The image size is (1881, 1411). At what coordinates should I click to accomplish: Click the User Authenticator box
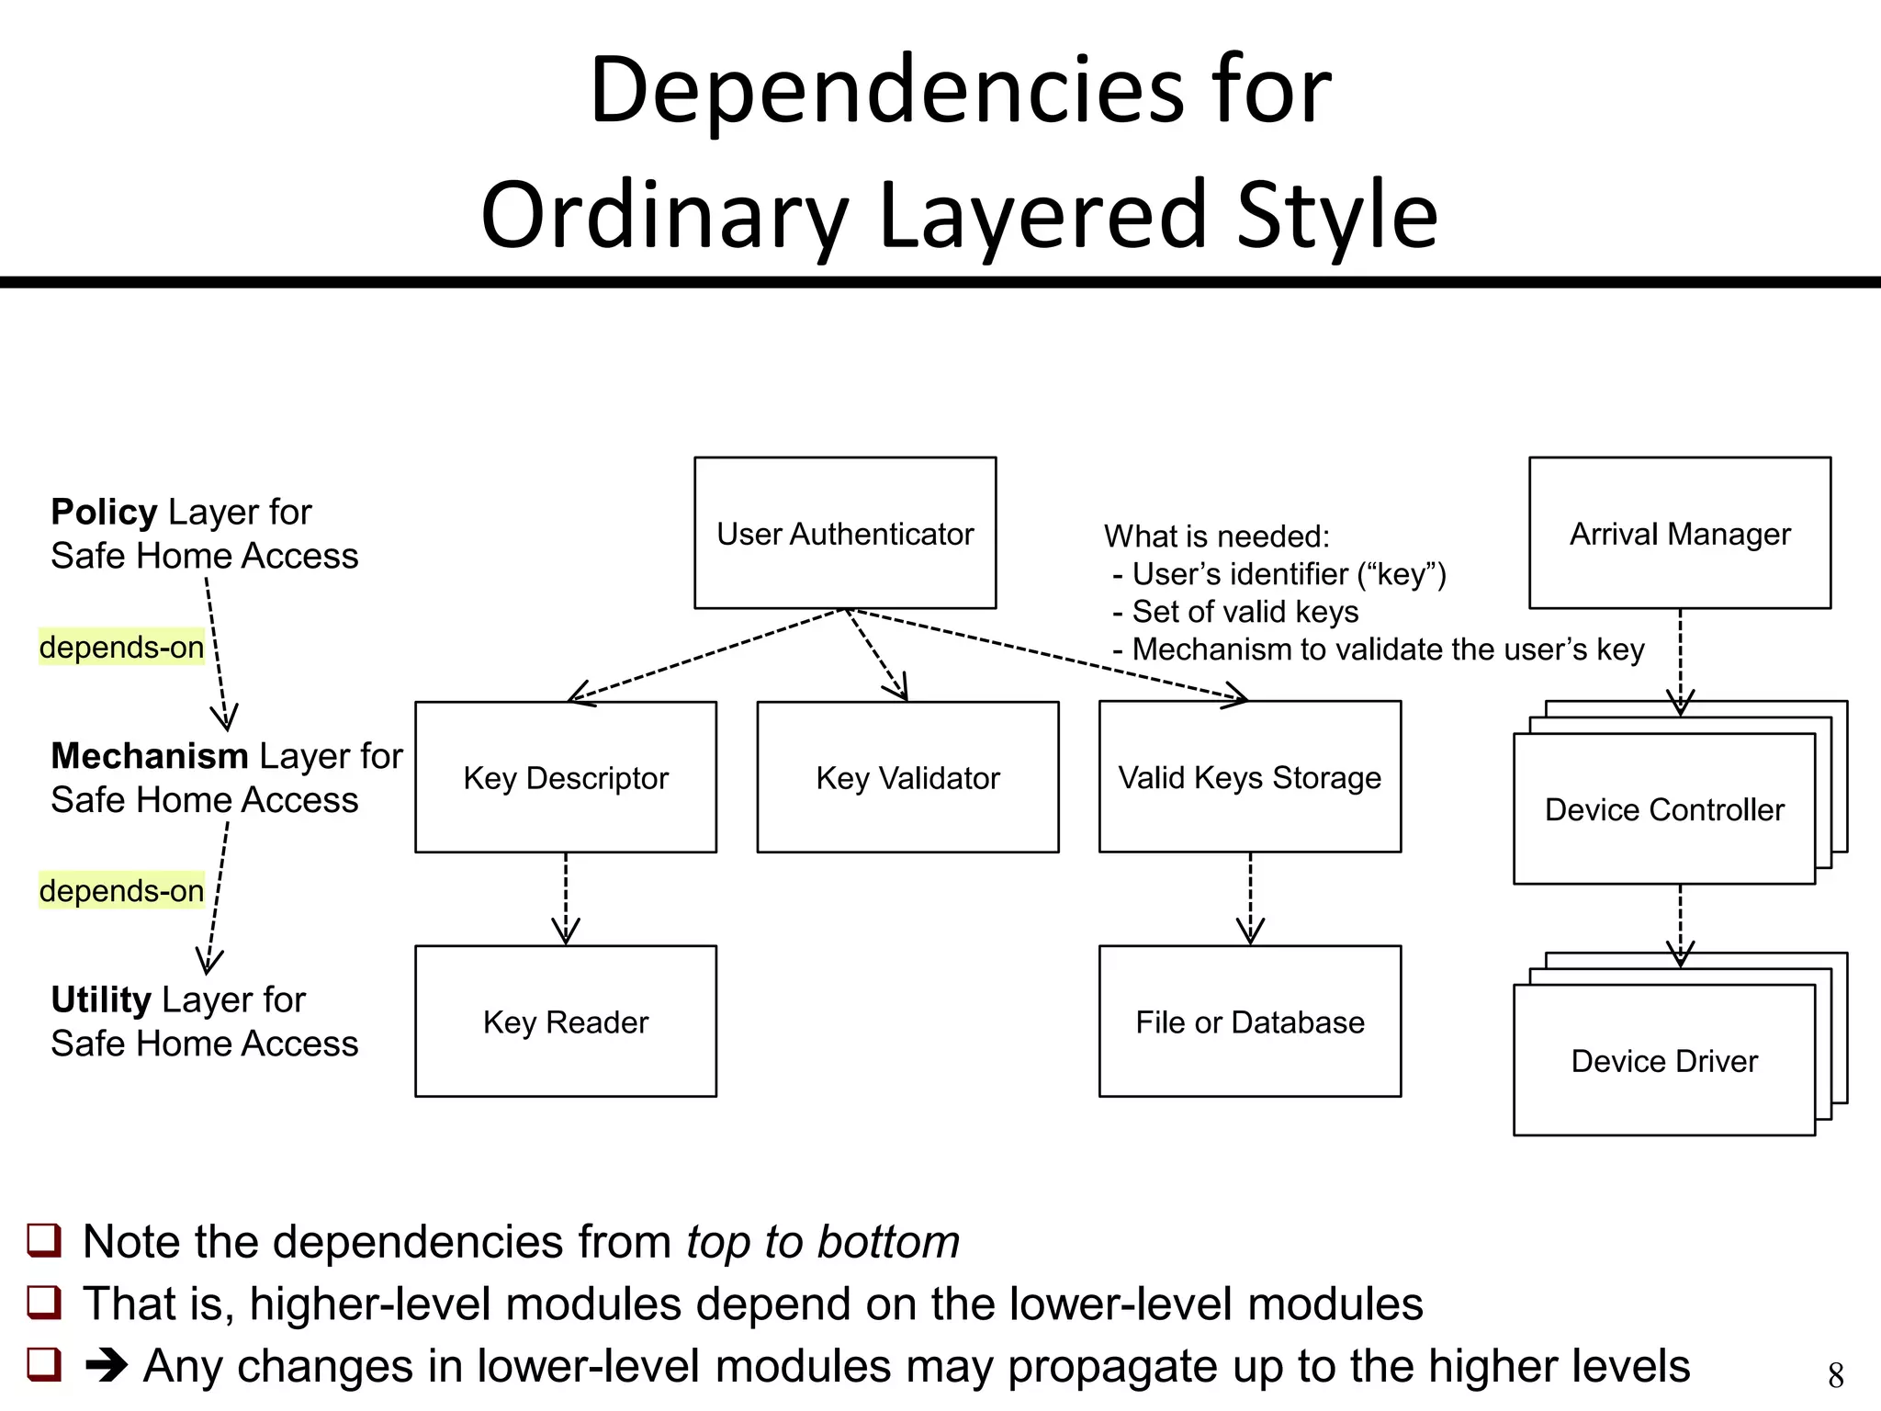(845, 533)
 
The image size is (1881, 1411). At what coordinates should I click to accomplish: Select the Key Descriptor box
(566, 777)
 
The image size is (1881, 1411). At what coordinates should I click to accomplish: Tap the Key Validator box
(907, 777)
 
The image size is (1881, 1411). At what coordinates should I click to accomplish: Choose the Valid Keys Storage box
(1249, 777)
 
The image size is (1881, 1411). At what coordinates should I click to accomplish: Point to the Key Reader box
(566, 1022)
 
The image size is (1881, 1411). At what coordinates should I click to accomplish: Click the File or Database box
(1249, 1022)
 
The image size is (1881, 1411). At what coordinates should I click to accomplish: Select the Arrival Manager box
(1680, 533)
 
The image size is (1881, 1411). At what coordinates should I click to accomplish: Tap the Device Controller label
(1664, 809)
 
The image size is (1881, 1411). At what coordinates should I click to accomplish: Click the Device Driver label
(1664, 1061)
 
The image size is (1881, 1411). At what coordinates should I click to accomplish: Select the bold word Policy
(104, 512)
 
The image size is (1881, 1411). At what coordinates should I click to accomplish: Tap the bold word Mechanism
(150, 756)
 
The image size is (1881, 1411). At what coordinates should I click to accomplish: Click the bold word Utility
(100, 999)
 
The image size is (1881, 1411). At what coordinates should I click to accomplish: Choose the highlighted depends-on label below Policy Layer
(121, 648)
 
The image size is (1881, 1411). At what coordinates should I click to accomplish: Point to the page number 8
(1835, 1375)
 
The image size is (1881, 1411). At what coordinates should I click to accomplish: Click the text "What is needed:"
(1216, 536)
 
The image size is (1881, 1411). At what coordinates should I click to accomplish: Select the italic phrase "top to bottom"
(822, 1242)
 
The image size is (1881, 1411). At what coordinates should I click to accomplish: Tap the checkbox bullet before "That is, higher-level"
(44, 1303)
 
